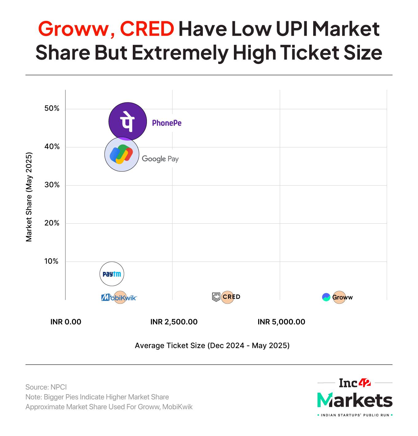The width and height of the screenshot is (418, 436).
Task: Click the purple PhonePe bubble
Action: [127, 122]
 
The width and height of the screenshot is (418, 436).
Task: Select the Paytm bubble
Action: [112, 274]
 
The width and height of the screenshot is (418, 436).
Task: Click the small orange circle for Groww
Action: [339, 297]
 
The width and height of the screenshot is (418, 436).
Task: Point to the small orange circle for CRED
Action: [228, 297]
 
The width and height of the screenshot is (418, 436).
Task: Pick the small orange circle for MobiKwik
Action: [120, 297]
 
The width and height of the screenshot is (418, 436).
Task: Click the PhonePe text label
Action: [167, 123]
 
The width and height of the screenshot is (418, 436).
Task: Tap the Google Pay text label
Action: [160, 159]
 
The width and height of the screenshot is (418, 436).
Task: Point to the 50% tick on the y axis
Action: [52, 109]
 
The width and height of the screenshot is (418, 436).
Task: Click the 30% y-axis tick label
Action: [52, 185]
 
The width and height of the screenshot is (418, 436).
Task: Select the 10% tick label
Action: [51, 261]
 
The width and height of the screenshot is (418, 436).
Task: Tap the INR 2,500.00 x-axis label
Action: [174, 322]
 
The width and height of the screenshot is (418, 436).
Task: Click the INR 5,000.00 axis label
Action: [281, 322]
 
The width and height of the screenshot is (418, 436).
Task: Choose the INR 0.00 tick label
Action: [66, 322]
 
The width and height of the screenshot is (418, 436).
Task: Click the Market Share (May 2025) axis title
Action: [29, 197]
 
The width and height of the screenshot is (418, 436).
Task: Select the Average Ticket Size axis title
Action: [212, 346]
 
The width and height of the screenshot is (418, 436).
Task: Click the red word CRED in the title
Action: [147, 29]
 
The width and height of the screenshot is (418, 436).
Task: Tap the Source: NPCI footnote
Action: [46, 387]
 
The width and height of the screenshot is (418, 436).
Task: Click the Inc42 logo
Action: [355, 383]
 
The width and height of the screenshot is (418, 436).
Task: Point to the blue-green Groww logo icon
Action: [326, 297]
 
